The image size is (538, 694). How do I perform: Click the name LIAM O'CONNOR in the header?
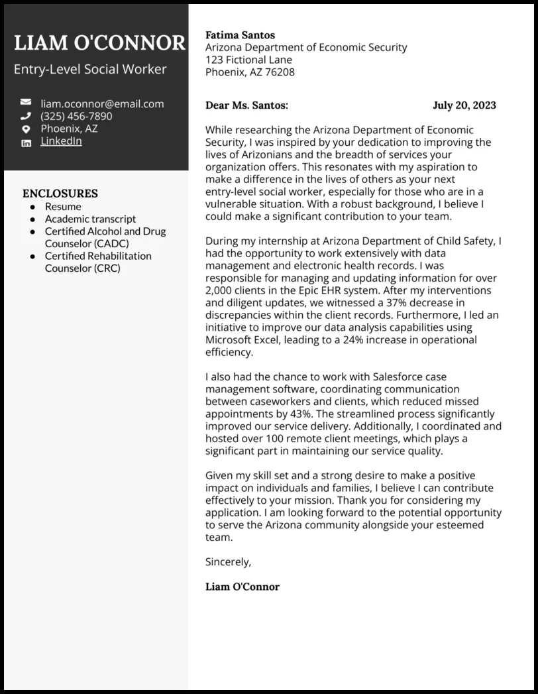[x=99, y=43]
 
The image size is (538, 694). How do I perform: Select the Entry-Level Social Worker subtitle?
[x=90, y=70]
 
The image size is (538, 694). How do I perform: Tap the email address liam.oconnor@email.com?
[x=102, y=104]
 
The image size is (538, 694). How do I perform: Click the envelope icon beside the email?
[x=26, y=103]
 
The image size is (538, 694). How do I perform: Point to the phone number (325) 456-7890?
[x=76, y=117]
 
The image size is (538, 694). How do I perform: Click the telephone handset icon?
[x=26, y=116]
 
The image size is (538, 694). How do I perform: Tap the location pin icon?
[x=26, y=129]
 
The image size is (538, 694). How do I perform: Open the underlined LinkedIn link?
[x=61, y=141]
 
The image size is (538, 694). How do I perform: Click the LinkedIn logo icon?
[x=26, y=143]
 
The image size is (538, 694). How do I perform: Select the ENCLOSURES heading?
[x=60, y=194]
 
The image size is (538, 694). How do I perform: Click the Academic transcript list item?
[x=90, y=219]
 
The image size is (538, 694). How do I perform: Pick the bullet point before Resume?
[x=32, y=207]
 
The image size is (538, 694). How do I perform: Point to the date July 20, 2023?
[x=464, y=105]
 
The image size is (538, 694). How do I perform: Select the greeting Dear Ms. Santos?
[x=246, y=105]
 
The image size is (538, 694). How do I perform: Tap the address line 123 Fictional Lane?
[x=248, y=60]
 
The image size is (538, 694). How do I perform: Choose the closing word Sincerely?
[x=229, y=562]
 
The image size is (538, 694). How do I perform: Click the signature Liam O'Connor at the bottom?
[x=242, y=587]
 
